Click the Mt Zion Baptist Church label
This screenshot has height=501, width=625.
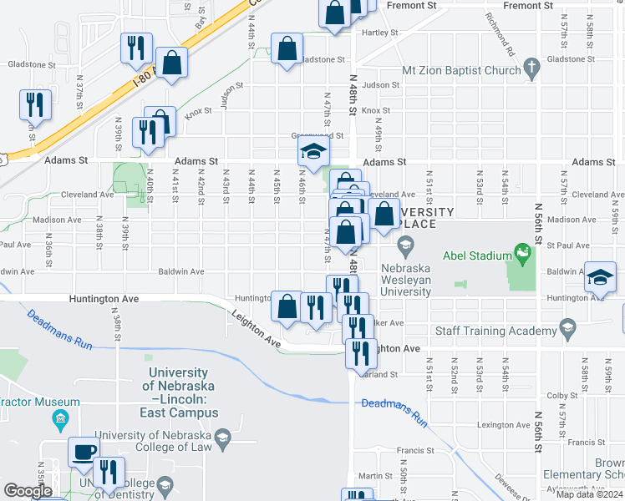click(461, 71)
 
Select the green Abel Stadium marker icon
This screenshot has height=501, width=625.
click(523, 250)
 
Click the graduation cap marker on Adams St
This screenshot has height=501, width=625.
click(313, 151)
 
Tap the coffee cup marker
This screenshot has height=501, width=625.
click(83, 453)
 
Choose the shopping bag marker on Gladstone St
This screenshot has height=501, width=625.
click(287, 48)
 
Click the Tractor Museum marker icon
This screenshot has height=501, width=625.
click(59, 417)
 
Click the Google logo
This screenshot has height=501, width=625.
click(28, 491)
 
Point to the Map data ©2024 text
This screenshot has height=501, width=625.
click(589, 494)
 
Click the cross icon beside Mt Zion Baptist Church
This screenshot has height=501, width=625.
click(531, 71)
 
